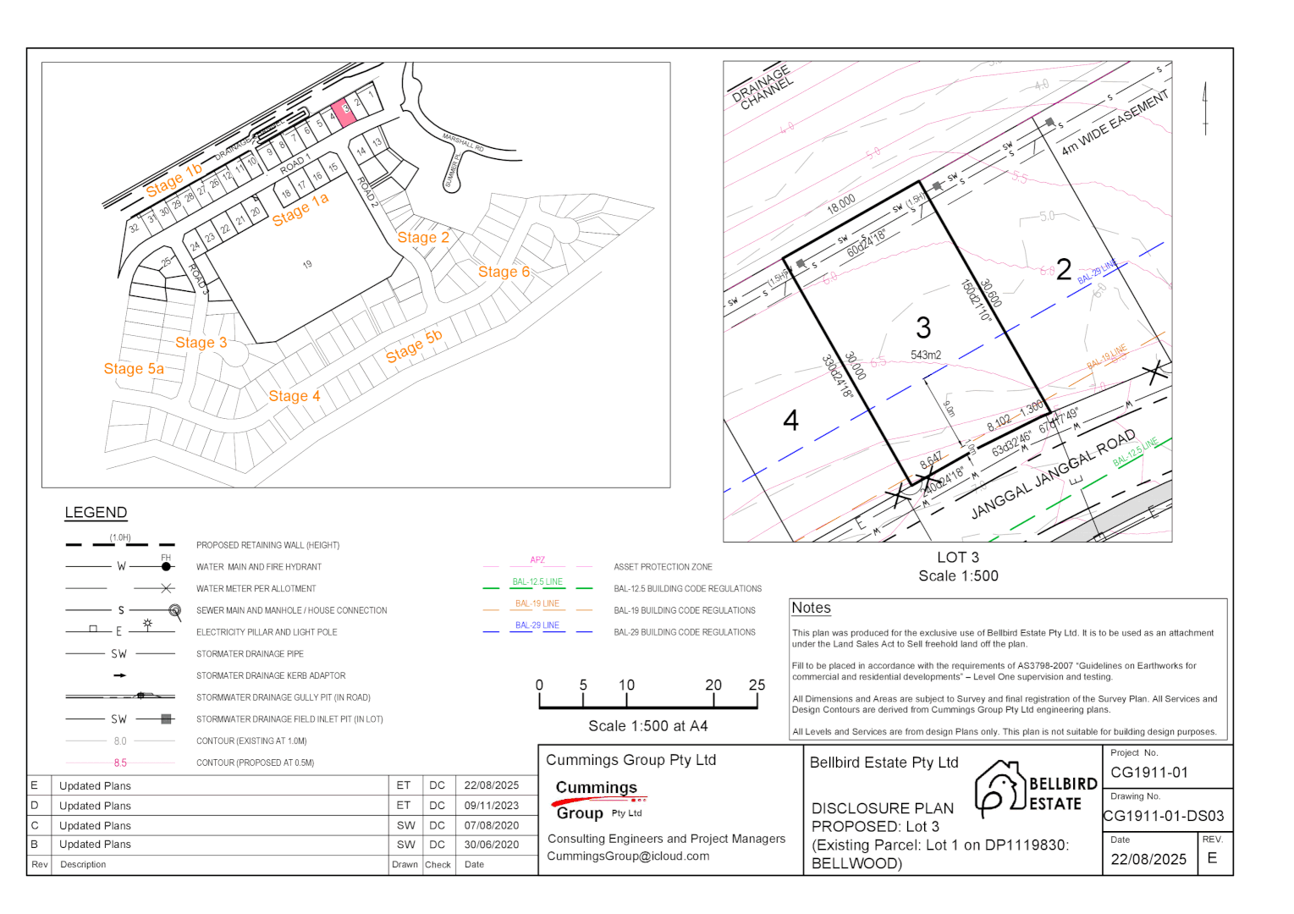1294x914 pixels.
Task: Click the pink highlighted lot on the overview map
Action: (343, 111)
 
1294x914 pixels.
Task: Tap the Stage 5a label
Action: (134, 369)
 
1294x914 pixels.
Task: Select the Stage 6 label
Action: (504, 272)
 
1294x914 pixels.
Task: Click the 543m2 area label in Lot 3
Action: (926, 355)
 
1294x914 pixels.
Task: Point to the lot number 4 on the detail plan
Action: (790, 421)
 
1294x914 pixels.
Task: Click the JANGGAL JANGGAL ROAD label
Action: (1053, 475)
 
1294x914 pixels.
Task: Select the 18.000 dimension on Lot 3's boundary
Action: (841, 204)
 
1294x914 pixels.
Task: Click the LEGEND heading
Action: (96, 513)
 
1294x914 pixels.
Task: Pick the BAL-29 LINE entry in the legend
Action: (537, 625)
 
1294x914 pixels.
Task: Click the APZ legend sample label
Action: (537, 560)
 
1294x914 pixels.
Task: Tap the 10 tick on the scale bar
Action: (626, 685)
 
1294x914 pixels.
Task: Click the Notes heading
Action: (811, 608)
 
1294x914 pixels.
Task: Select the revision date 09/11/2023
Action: (491, 806)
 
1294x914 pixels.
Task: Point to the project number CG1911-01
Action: (1149, 773)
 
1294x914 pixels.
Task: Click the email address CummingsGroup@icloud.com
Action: (628, 856)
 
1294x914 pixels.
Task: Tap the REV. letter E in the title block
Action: (1212, 859)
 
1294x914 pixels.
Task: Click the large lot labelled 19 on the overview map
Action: (307, 265)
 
